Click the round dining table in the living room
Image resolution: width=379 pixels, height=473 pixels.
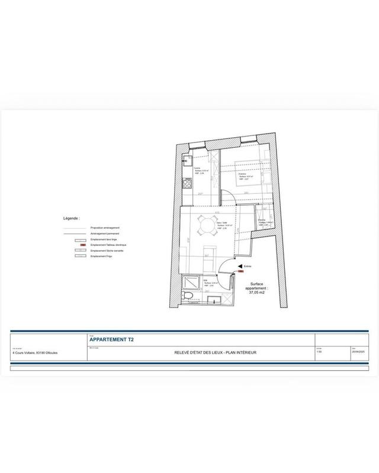(206, 225)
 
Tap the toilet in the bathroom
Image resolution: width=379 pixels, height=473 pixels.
(189, 296)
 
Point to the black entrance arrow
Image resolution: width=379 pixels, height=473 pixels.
(239, 267)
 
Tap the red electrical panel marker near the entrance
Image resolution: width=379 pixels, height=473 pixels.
(240, 272)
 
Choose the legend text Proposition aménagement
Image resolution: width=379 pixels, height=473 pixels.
(104, 227)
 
